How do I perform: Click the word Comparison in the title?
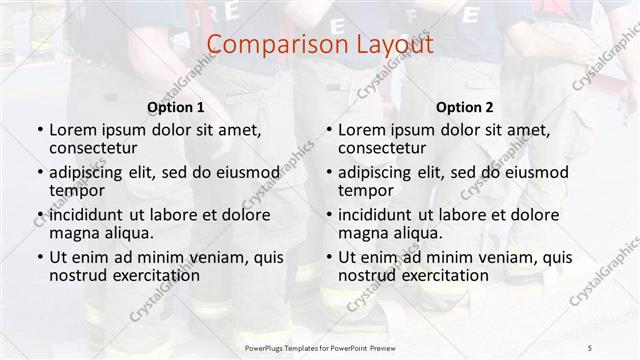point(268,45)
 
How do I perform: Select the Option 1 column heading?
point(175,107)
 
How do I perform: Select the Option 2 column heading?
point(465,107)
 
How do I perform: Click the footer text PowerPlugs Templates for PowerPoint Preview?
point(319,345)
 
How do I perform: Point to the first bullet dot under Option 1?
point(39,130)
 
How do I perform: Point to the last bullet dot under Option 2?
point(328,257)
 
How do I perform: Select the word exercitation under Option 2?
point(444,275)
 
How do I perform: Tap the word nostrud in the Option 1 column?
point(78,275)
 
